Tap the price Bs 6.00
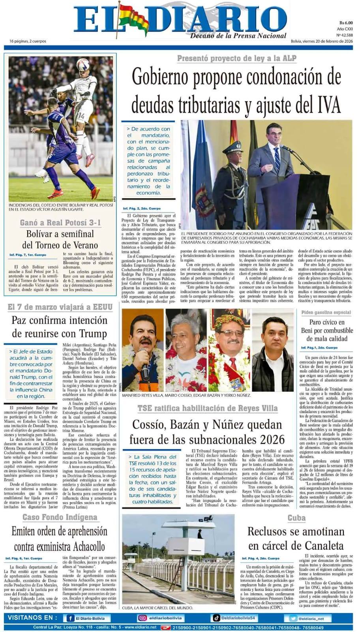pos(346,23)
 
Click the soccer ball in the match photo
pos(83,64)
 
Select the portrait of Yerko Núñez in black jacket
pos(273,350)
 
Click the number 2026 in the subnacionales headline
pos(269,439)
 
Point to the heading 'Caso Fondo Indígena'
pos(60,517)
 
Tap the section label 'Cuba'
pos(296,518)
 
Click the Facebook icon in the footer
pos(71,618)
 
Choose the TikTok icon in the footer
pos(216,618)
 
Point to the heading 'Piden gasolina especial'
pos(326,312)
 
